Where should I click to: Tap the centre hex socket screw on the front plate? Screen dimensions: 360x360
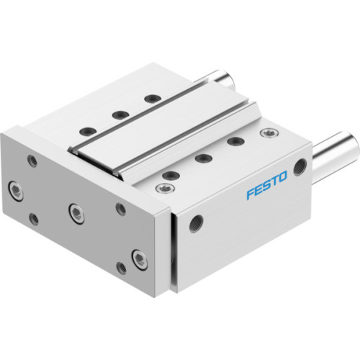click(x=74, y=210)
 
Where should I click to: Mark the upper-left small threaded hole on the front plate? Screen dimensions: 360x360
click(x=30, y=161)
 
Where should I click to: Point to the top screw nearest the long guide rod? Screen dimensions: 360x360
click(x=270, y=133)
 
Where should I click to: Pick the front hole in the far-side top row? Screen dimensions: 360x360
click(x=87, y=130)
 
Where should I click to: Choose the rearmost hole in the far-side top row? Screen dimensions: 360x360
click(x=150, y=99)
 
